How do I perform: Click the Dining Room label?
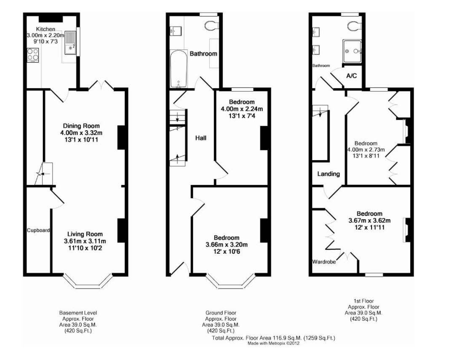tap(81, 126)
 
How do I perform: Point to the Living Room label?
tap(85, 234)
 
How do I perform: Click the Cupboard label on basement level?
tap(39, 231)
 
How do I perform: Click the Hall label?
tap(201, 138)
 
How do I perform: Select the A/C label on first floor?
tap(351, 76)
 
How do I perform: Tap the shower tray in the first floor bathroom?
tap(353, 51)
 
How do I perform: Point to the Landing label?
tap(329, 174)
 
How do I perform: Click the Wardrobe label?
tap(324, 262)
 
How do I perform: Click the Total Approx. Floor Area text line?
tap(273, 338)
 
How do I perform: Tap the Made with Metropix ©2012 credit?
tap(273, 344)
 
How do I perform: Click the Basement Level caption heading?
tap(78, 313)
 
